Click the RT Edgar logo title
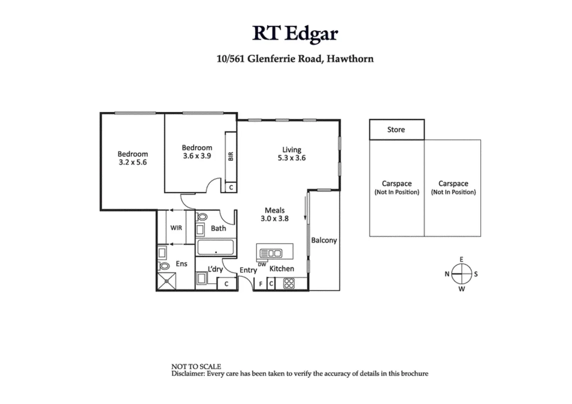pos(295,33)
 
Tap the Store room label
pos(396,130)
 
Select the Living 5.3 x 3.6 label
pos(291,154)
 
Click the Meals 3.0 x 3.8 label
pos(275,214)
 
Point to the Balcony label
pos(324,240)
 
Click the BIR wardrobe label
pos(231,156)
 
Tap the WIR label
pos(176,228)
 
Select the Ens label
pos(181,264)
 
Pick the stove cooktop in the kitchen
pos(289,283)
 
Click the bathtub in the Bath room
pos(215,247)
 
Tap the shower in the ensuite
pos(166,281)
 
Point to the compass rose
pos(461,274)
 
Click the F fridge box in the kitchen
pos(260,284)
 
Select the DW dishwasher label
pos(262,265)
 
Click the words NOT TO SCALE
pos(196,366)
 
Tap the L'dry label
pos(215,269)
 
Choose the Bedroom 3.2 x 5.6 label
pos(133,158)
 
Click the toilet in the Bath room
pos(201,217)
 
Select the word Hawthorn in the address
pos(350,59)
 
